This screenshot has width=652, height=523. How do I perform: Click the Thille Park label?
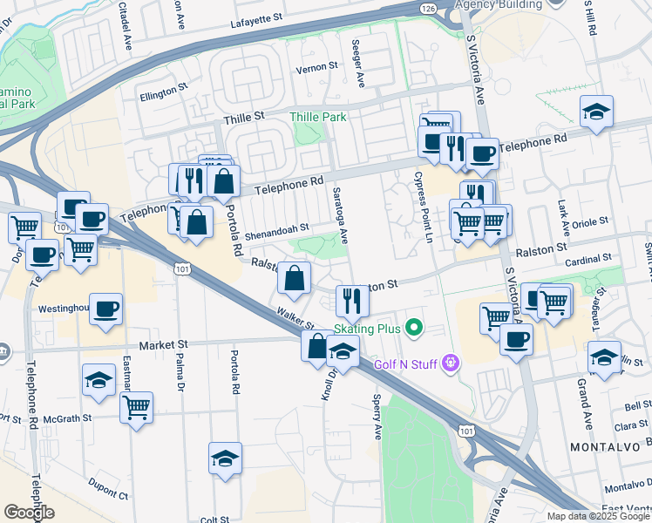click(318, 117)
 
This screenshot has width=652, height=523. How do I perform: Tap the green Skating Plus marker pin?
click(414, 329)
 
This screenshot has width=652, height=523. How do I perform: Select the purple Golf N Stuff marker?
click(451, 362)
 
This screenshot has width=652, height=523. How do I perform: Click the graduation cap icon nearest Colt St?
click(225, 458)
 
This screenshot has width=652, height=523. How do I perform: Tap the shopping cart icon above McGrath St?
click(136, 405)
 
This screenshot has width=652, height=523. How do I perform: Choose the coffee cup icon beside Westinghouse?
click(105, 309)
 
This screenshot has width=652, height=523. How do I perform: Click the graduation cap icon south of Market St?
click(98, 380)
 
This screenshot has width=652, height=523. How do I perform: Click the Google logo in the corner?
click(29, 513)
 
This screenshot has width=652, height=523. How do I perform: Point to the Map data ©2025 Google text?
click(598, 516)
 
